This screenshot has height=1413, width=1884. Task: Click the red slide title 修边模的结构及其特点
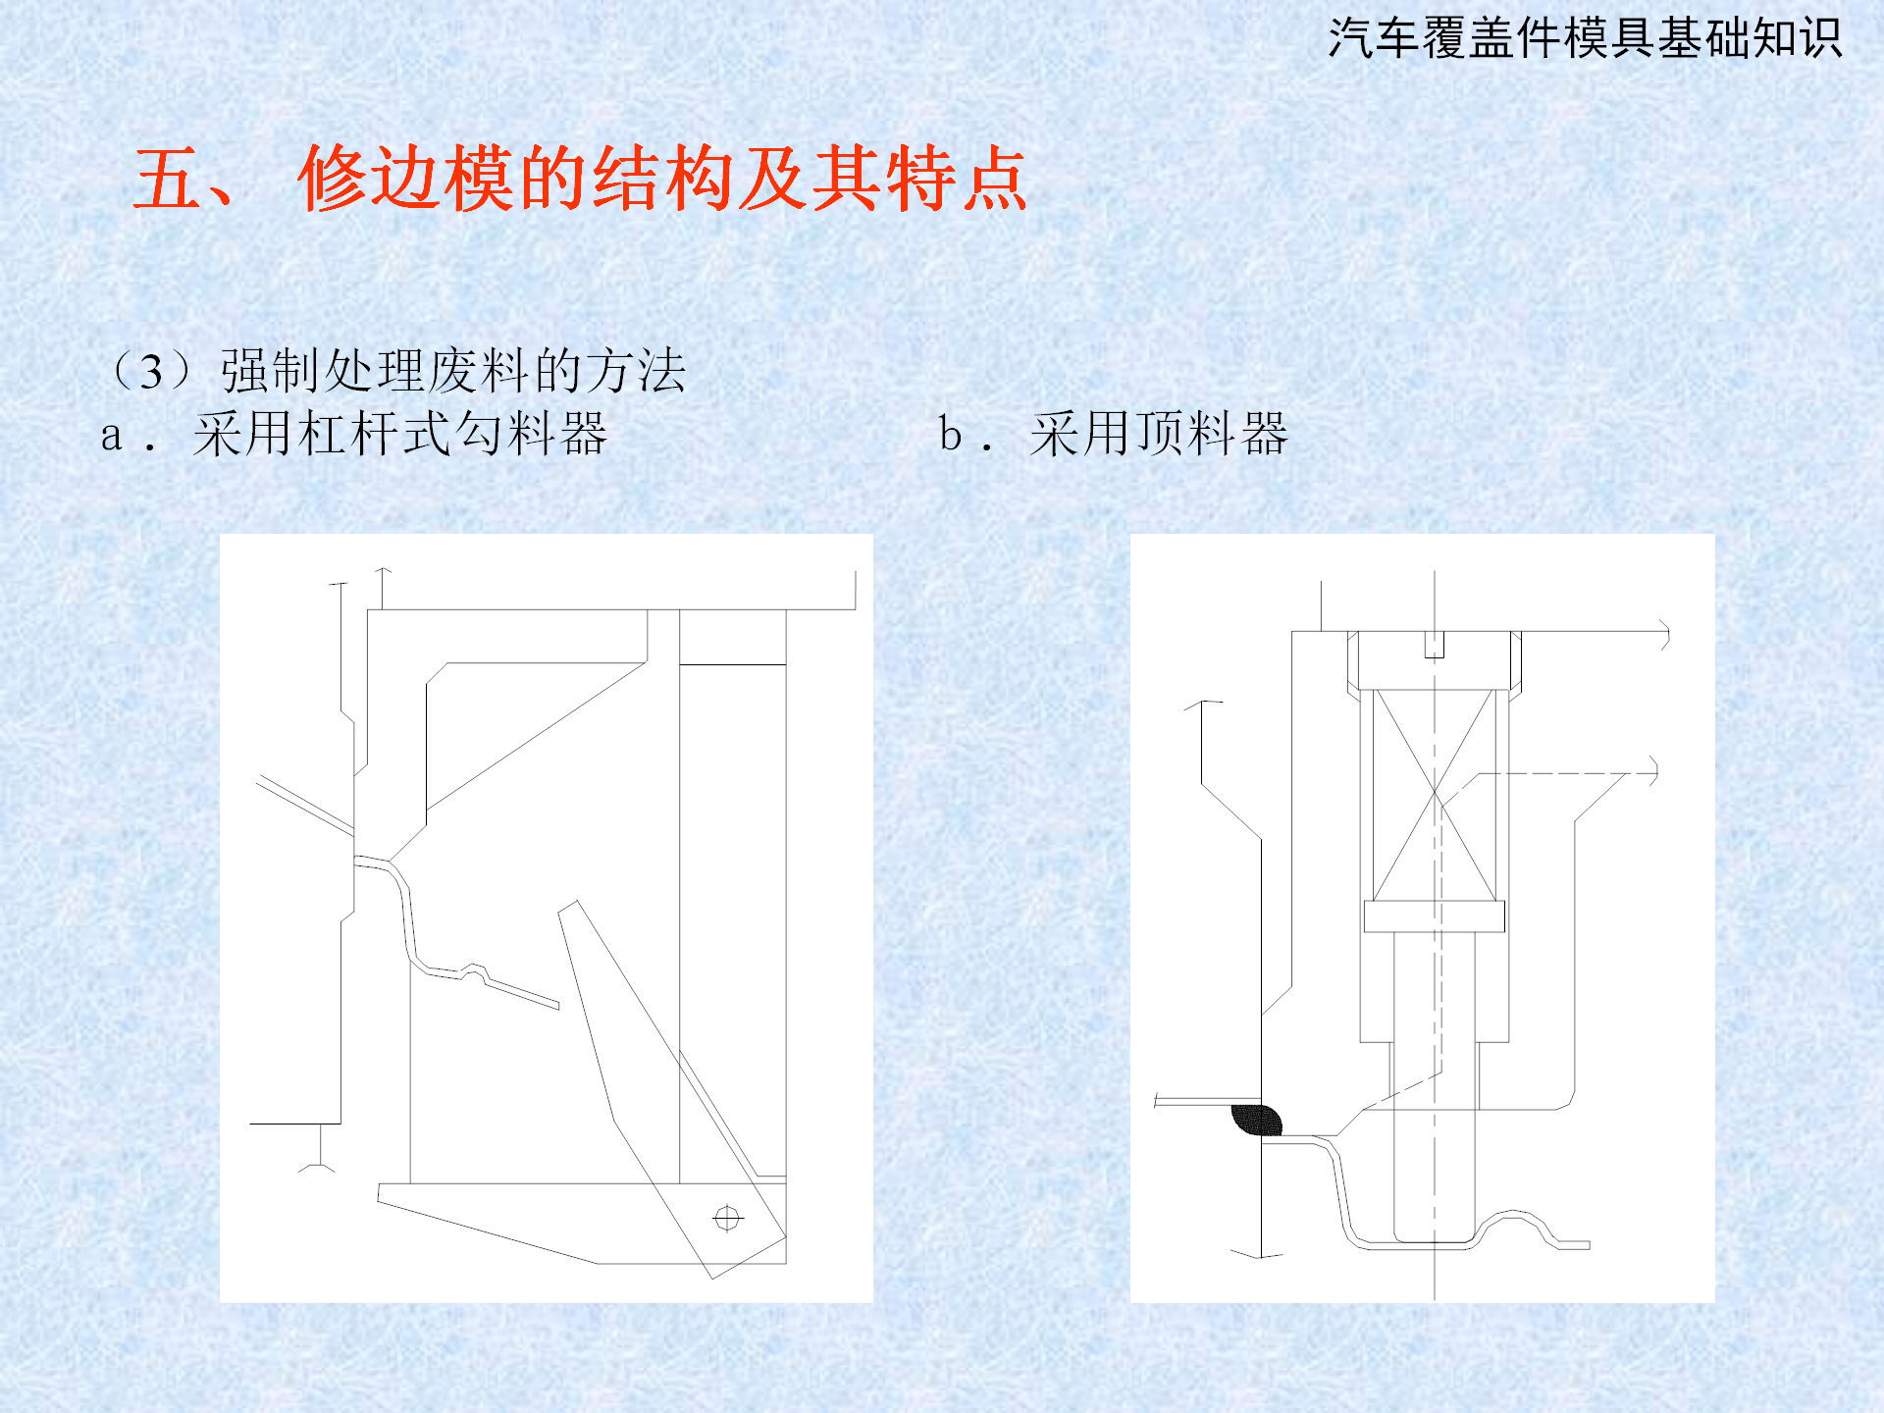coord(662,179)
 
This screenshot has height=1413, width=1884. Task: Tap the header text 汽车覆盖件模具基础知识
coord(1585,39)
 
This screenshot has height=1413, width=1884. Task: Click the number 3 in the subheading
coord(151,372)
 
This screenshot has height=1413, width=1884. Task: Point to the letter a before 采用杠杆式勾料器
coord(111,437)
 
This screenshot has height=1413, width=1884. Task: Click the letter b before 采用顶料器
coord(950,433)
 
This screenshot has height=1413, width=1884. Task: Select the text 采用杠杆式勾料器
coord(400,434)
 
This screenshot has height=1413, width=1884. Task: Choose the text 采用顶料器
coord(1159,434)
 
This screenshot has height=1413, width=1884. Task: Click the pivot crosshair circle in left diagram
coord(727,1219)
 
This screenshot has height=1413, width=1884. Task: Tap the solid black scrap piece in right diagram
coord(1257,1120)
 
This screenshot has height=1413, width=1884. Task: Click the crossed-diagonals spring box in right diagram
coord(1435,795)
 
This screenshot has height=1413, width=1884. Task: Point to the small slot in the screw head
coord(1435,645)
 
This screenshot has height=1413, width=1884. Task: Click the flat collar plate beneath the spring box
coord(1435,916)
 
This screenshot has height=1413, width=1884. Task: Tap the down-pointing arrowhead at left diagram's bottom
coord(317,1167)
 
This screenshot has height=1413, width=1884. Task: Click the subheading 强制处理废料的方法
coord(453,371)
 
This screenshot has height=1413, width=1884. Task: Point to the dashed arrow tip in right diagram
coord(1656,772)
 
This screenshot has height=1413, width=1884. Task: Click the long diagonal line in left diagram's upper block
coord(536,736)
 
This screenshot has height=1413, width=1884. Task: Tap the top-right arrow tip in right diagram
coord(1667,635)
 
